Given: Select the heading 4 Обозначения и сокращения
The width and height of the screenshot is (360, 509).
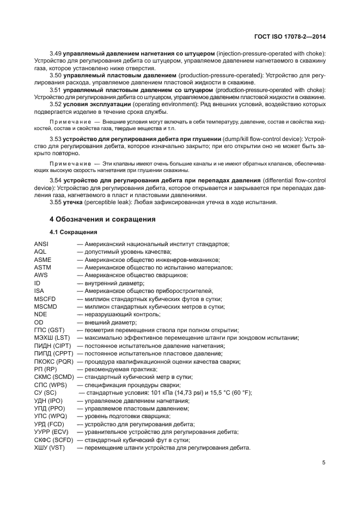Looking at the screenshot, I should coord(102,219).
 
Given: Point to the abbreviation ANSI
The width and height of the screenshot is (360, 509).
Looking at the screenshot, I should coord(41,244).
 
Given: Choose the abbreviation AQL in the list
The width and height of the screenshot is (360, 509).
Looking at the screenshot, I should coord(40,252).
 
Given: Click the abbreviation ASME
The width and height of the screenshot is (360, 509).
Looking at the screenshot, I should coord(42,260).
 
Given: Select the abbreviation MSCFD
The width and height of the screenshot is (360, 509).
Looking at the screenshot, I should coord(45,299).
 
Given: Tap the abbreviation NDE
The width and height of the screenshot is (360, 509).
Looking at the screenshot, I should coord(40,314).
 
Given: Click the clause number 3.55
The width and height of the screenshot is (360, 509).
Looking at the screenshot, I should coord(56,203).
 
